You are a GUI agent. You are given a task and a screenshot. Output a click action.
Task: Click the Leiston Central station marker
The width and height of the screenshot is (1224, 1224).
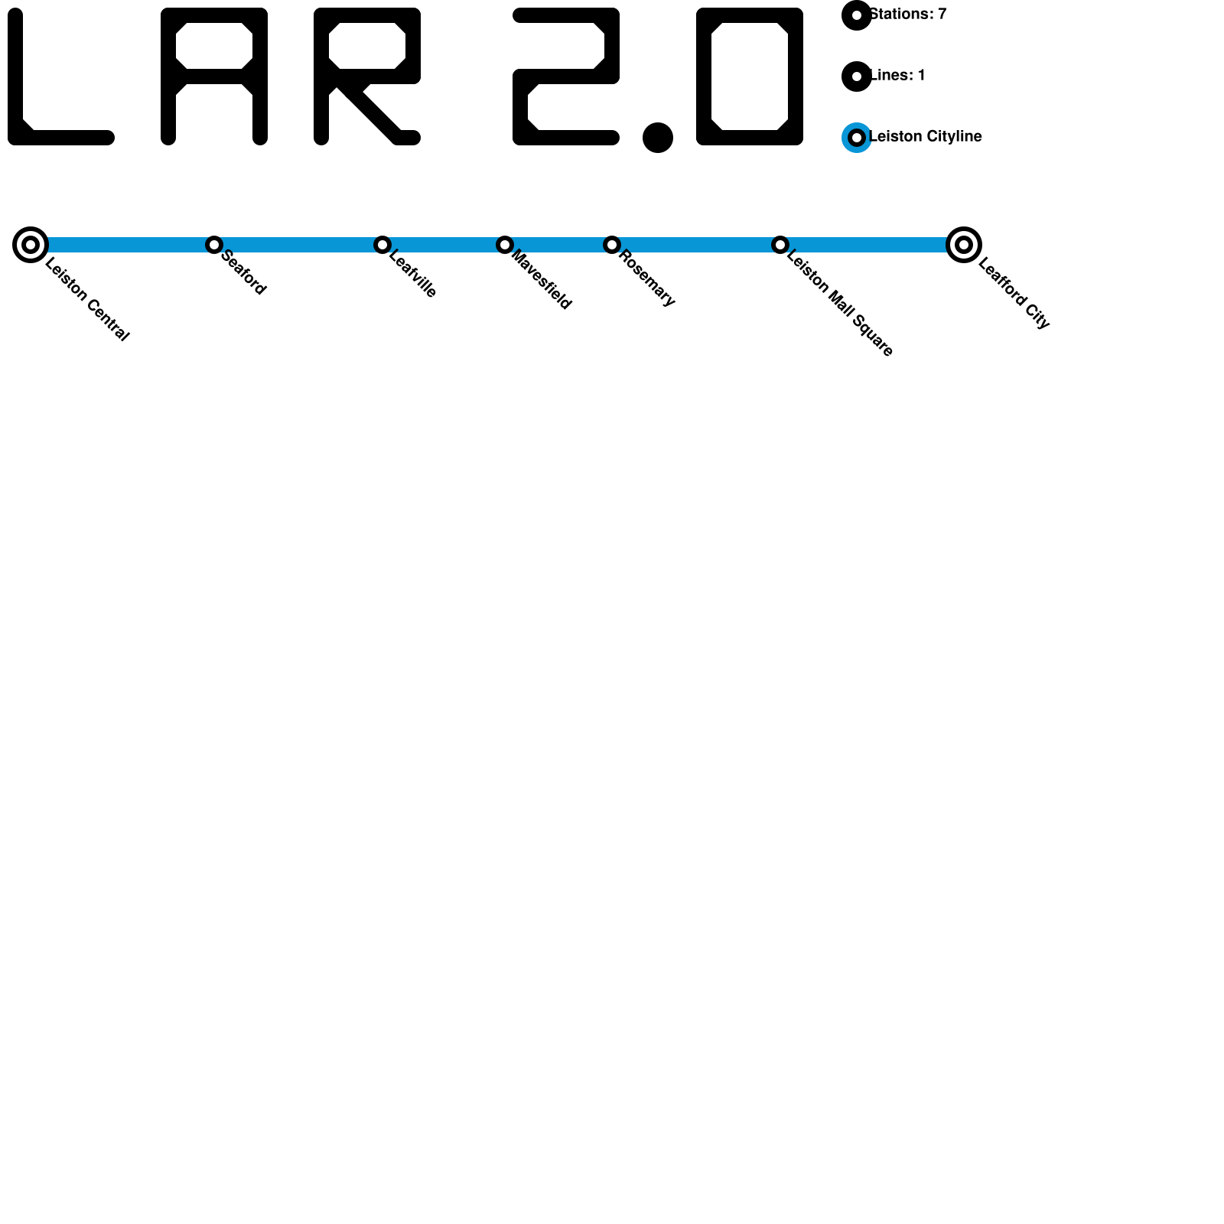(31, 245)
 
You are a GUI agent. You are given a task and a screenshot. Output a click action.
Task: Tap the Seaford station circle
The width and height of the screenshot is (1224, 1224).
(214, 245)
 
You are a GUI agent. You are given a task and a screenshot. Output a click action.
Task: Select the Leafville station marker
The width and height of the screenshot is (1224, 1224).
(382, 245)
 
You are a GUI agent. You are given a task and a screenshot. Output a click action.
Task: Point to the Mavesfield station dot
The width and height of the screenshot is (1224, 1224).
(505, 245)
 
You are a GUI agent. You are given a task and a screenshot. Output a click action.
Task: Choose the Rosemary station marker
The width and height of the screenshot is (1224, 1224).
(612, 245)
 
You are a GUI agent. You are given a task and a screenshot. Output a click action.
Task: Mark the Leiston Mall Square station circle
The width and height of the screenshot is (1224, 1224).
(780, 245)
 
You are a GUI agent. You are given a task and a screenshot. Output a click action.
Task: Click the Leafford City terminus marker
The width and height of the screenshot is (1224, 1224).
(964, 245)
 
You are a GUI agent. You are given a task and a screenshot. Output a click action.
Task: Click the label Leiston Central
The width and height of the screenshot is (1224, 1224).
(87, 300)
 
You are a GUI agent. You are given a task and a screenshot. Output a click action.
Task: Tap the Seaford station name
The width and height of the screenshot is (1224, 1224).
(243, 272)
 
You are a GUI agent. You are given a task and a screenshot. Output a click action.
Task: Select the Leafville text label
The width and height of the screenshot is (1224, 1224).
(413, 274)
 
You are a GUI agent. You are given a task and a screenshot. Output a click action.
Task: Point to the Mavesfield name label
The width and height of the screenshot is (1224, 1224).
(541, 280)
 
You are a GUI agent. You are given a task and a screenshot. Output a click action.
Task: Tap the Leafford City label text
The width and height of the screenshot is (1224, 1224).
(1014, 295)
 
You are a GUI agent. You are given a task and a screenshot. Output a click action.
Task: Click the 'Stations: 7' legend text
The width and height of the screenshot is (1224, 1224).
(908, 15)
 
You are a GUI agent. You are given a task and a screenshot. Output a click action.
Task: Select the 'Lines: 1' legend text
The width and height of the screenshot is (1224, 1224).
(898, 76)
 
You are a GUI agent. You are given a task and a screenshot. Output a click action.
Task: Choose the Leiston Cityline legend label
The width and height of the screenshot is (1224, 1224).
(926, 137)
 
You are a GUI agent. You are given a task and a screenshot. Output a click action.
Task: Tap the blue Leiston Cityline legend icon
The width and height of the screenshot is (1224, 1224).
(857, 138)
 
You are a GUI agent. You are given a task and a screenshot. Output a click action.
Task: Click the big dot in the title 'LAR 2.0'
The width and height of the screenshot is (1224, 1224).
(658, 138)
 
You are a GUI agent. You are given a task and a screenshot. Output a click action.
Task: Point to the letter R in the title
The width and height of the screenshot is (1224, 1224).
(366, 75)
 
